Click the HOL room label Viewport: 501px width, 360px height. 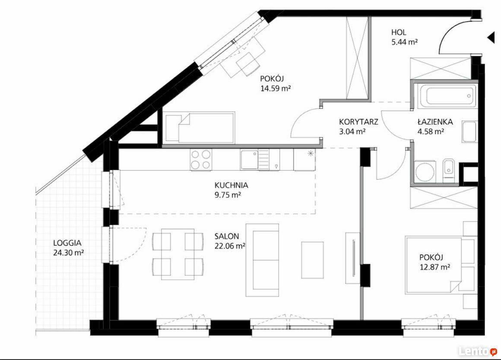pyautogui.click(x=399, y=32)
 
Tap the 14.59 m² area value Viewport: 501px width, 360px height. pyautogui.click(x=276, y=88)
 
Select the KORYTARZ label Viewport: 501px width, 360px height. pyautogui.click(x=358, y=122)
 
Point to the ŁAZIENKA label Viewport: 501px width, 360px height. pyautogui.click(x=435, y=122)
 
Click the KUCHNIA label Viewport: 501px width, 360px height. pyautogui.click(x=231, y=185)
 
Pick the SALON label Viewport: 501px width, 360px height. pyautogui.click(x=227, y=237)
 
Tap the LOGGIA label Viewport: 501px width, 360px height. pyautogui.click(x=67, y=243)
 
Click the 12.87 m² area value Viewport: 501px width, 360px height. pyautogui.click(x=435, y=267)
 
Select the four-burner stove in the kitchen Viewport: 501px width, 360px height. pyautogui.click(x=201, y=159)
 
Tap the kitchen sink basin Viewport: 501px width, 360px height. pyautogui.click(x=249, y=160)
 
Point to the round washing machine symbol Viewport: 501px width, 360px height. pyautogui.click(x=425, y=173)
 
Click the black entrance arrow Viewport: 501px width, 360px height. pyautogui.click(x=491, y=38)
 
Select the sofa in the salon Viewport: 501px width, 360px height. pyautogui.click(x=262, y=260)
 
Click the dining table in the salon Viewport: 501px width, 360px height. pyautogui.click(x=178, y=254)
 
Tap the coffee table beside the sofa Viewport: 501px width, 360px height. pyautogui.click(x=312, y=260)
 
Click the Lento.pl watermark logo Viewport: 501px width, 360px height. pyautogui.click(x=478, y=351)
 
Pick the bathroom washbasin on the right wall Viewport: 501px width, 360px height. pyautogui.click(x=469, y=132)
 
